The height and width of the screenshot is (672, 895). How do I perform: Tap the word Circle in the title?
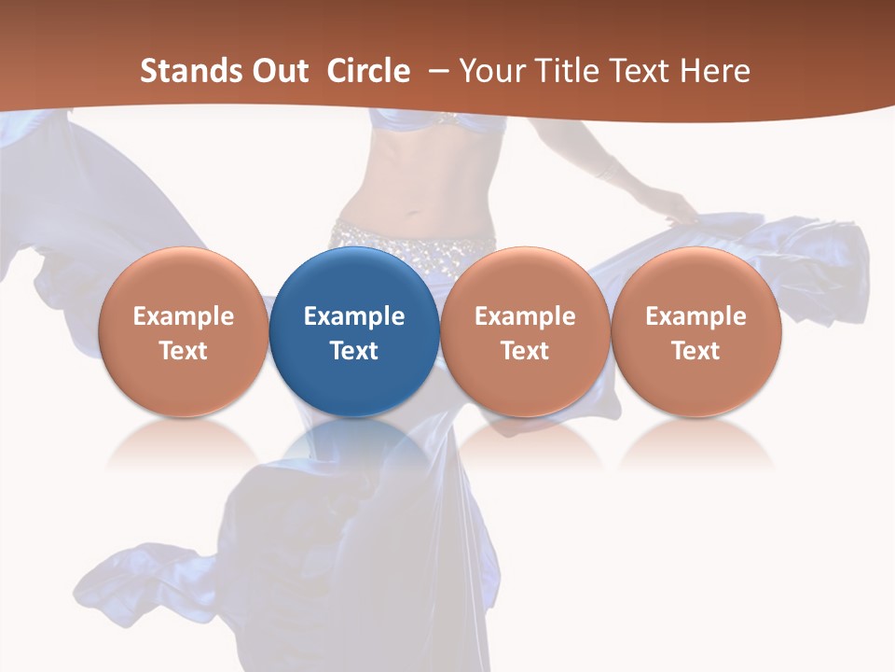tap(368, 71)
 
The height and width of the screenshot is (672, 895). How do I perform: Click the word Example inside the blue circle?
tap(354, 316)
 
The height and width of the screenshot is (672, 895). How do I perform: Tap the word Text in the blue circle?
tap(354, 351)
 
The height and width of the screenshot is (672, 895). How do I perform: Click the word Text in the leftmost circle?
tap(183, 351)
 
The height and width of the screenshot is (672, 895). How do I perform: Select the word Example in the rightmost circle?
tap(696, 316)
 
